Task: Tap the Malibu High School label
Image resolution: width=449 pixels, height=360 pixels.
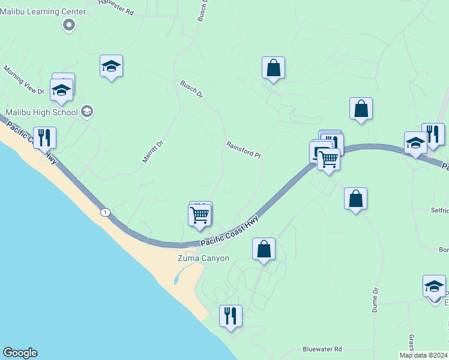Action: pyautogui.click(x=42, y=112)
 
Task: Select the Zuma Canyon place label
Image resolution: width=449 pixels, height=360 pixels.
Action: pyautogui.click(x=203, y=258)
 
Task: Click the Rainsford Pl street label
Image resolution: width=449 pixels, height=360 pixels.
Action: pyautogui.click(x=243, y=150)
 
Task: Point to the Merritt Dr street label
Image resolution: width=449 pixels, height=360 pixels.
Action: pyautogui.click(x=152, y=152)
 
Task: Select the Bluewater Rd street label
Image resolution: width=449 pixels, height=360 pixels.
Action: pyautogui.click(x=322, y=349)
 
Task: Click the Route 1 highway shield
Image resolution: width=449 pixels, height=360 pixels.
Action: pyautogui.click(x=106, y=212)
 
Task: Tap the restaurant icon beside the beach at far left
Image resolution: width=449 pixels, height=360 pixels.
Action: pyautogui.click(x=44, y=137)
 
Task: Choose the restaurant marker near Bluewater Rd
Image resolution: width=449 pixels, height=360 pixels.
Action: pyautogui.click(x=231, y=315)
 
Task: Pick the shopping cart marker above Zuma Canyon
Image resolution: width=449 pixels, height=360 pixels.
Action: pyautogui.click(x=200, y=215)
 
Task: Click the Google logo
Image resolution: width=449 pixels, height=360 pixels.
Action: pyautogui.click(x=20, y=353)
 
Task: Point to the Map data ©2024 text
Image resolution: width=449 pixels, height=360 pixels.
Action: pyautogui.click(x=424, y=355)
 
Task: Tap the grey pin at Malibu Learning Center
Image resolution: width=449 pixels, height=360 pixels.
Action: pyautogui.click(x=69, y=25)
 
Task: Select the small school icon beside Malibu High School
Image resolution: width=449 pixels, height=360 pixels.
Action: pyautogui.click(x=87, y=111)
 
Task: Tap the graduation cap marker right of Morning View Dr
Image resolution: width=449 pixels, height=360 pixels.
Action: pyautogui.click(x=111, y=66)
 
